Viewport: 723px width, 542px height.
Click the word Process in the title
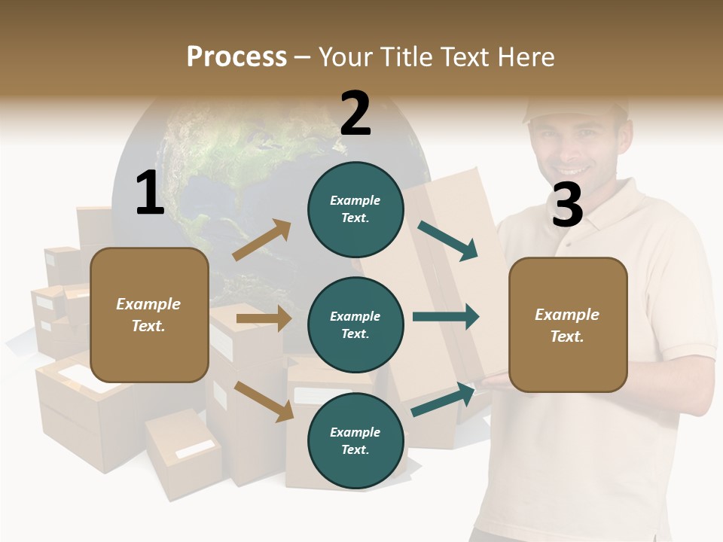pyautogui.click(x=236, y=56)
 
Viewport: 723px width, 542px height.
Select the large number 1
pyautogui.click(x=149, y=193)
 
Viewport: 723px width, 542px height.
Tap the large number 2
pyautogui.click(x=355, y=114)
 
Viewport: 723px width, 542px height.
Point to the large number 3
pyautogui.click(x=567, y=206)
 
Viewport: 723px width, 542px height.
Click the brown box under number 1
pyautogui.click(x=149, y=315)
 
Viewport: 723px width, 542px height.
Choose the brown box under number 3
pyautogui.click(x=568, y=325)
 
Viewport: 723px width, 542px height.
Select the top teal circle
pyautogui.click(x=355, y=209)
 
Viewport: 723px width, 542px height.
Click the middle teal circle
pyautogui.click(x=355, y=325)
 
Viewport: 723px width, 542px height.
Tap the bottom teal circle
pyautogui.click(x=355, y=441)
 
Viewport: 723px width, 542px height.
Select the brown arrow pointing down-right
pyautogui.click(x=264, y=401)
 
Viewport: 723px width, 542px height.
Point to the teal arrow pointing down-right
pyautogui.click(x=448, y=241)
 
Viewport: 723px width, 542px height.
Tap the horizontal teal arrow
pyautogui.click(x=446, y=317)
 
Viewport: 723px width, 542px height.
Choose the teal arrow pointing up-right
pyautogui.click(x=444, y=400)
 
